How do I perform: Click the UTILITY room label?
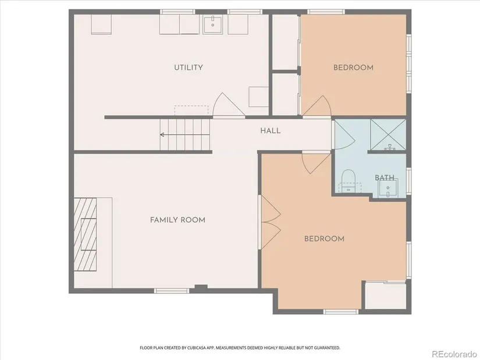189,67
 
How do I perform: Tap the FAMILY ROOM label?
177,220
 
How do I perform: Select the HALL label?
271,131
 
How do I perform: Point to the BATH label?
385,177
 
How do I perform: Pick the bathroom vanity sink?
388,188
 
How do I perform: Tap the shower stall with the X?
388,135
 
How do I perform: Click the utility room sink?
212,24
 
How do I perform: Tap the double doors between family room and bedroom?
271,222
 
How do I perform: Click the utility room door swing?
229,105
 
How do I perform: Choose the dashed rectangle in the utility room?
191,111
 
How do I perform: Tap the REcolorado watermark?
454,354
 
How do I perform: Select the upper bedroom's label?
353,67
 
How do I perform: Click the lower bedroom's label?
324,238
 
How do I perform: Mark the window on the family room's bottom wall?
172,291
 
